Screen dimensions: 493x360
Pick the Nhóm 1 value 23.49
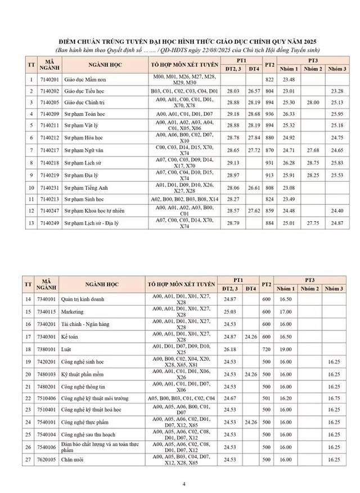pyautogui.click(x=289, y=199)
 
